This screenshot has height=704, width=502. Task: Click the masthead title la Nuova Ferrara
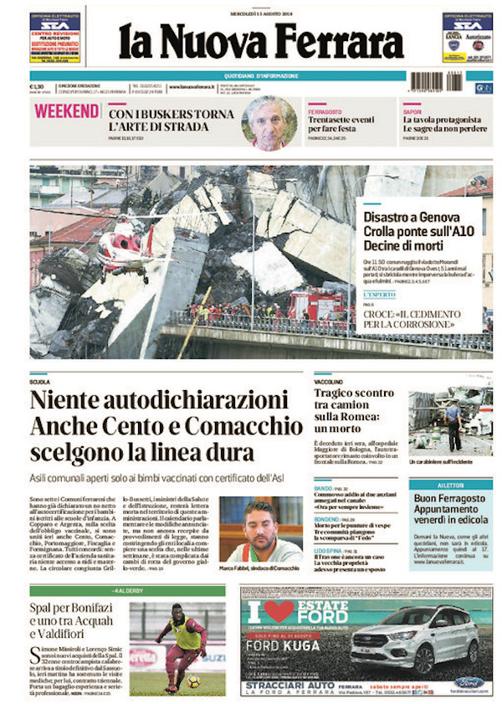[260, 41]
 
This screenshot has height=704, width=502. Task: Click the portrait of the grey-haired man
[269, 122]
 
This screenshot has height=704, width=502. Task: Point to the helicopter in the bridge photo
[124, 250]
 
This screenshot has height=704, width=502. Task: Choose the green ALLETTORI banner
[450, 485]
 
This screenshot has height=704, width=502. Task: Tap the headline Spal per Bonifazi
[78, 605]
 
